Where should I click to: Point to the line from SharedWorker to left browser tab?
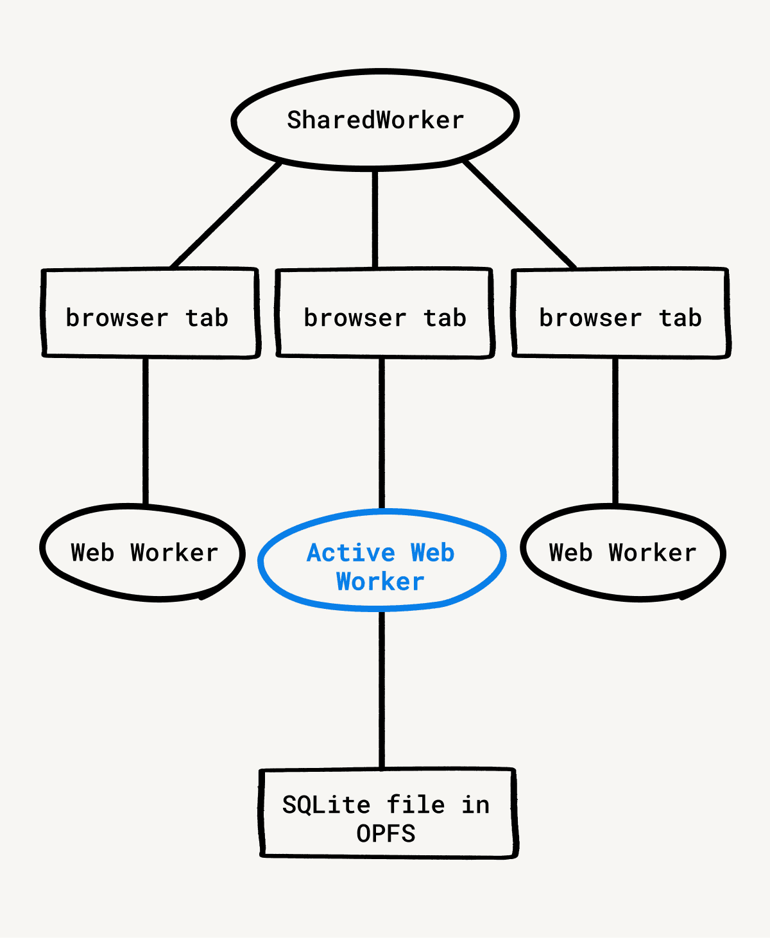tap(226, 215)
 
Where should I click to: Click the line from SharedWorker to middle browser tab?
tap(375, 218)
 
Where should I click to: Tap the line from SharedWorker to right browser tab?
tap(520, 215)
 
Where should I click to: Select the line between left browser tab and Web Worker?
tap(146, 430)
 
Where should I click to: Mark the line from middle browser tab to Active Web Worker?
tap(382, 433)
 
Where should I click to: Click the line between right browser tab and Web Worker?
tap(615, 430)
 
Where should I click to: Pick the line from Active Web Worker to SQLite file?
tap(382, 690)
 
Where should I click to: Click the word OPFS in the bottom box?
tap(386, 834)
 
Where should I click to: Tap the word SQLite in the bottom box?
tap(327, 805)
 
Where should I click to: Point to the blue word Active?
tap(351, 552)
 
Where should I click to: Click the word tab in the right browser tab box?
tap(680, 318)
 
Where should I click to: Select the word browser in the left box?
tap(117, 318)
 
